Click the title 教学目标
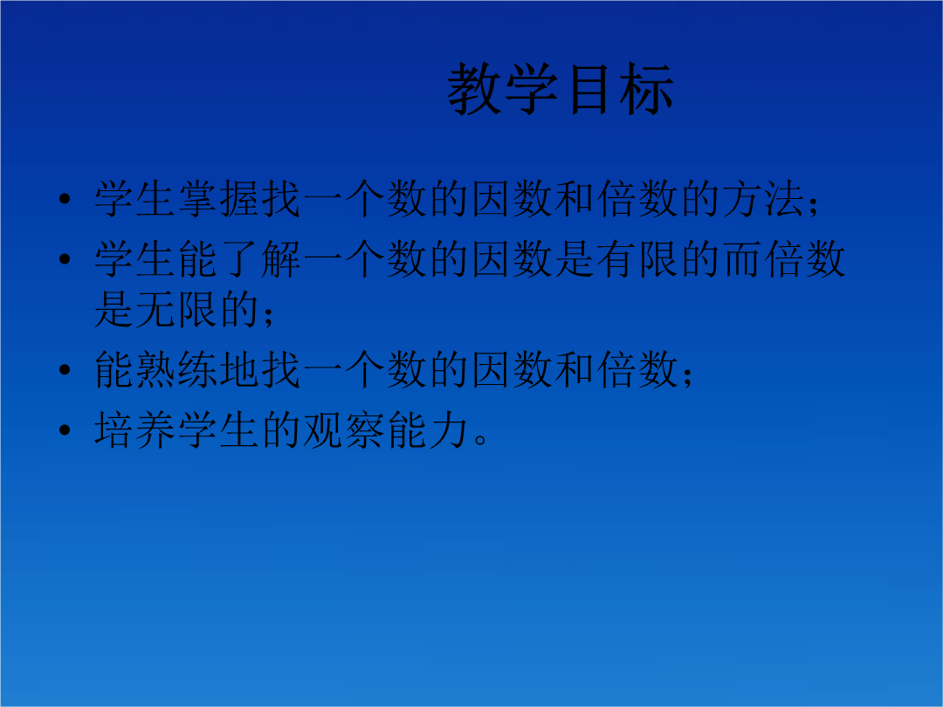click(560, 89)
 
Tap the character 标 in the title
click(646, 89)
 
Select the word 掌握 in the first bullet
click(218, 198)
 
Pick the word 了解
click(260, 259)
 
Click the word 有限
click(637, 259)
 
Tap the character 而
click(743, 259)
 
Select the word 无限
click(176, 309)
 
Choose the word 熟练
click(176, 369)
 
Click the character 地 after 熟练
click(239, 369)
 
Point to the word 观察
click(344, 429)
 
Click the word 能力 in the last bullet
click(428, 429)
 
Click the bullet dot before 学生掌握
click(65, 199)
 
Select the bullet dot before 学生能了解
click(65, 259)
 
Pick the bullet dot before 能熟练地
click(65, 370)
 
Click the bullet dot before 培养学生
click(65, 429)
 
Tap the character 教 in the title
click(474, 89)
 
